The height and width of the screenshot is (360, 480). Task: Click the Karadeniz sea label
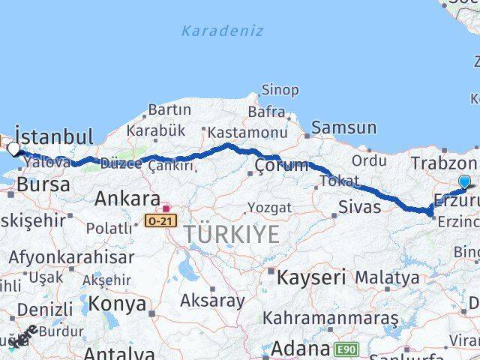pyautogui.click(x=222, y=31)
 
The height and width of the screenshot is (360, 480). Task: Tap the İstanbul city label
pyautogui.click(x=54, y=136)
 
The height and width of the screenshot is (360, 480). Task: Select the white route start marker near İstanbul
pyautogui.click(x=14, y=148)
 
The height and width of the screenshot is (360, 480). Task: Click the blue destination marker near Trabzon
pyautogui.click(x=464, y=182)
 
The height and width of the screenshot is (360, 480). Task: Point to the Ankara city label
pyautogui.click(x=127, y=199)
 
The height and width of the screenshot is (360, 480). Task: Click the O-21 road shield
pyautogui.click(x=161, y=221)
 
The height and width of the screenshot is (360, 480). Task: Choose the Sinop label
pyautogui.click(x=280, y=90)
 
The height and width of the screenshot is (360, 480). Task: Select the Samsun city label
pyautogui.click(x=343, y=127)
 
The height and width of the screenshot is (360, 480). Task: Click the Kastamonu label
pyautogui.click(x=247, y=133)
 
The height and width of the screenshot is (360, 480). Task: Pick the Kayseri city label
pyautogui.click(x=311, y=277)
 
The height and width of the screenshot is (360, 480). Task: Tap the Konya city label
pyautogui.click(x=117, y=303)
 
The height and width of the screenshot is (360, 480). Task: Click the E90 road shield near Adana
pyautogui.click(x=347, y=349)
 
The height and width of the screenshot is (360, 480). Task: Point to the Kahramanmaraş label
pyautogui.click(x=331, y=318)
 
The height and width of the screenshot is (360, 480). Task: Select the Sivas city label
pyautogui.click(x=360, y=207)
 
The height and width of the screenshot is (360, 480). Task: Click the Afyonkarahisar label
pyautogui.click(x=72, y=257)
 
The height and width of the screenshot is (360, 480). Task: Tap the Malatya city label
pyautogui.click(x=387, y=277)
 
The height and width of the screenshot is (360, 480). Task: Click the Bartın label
pyautogui.click(x=169, y=110)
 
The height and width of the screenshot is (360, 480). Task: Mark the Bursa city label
pyautogui.click(x=43, y=184)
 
